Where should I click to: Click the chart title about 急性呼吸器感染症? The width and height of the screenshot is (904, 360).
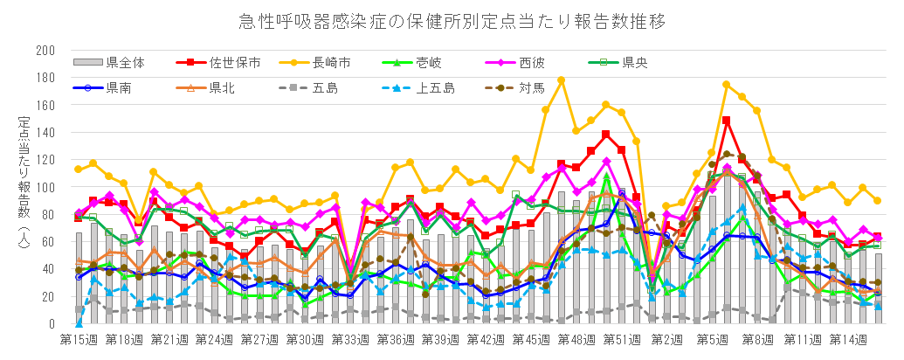[x=452, y=20]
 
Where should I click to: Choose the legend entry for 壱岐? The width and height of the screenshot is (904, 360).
[x=428, y=62]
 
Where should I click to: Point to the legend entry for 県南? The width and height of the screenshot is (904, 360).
[x=121, y=87]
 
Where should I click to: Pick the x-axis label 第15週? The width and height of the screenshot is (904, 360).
[x=78, y=338]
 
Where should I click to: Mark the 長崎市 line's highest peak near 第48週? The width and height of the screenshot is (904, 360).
[x=561, y=80]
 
